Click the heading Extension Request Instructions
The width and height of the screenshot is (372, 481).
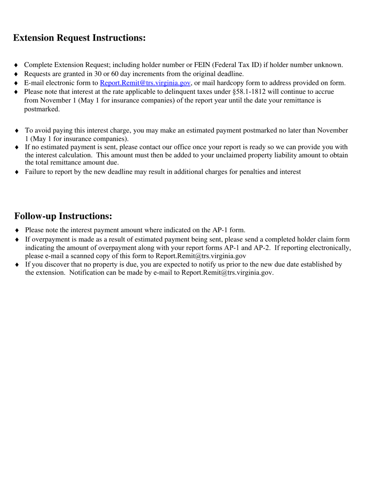click(x=79, y=38)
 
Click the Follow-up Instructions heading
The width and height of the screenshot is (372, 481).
click(x=63, y=216)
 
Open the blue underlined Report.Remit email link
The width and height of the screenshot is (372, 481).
click(x=145, y=83)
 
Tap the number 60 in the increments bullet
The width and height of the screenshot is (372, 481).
click(x=115, y=74)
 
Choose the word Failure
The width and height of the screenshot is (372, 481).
click(x=36, y=172)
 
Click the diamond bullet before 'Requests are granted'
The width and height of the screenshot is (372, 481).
click(x=16, y=74)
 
